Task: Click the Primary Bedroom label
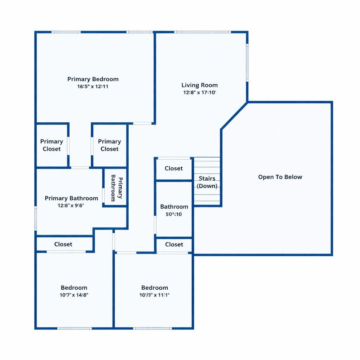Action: click(x=93, y=79)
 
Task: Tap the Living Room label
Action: click(x=199, y=85)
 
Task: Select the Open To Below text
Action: click(x=280, y=177)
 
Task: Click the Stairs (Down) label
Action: click(x=207, y=182)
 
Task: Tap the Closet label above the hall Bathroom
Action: click(x=174, y=168)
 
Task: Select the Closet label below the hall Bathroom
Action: click(x=174, y=244)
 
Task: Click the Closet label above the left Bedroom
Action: click(x=63, y=244)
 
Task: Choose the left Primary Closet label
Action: click(x=52, y=145)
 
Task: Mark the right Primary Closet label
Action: click(x=109, y=145)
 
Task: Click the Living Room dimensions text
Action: click(x=199, y=93)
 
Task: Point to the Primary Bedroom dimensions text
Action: click(x=93, y=86)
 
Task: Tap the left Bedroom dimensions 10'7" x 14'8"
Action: click(x=74, y=295)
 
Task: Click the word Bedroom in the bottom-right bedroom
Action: click(x=155, y=288)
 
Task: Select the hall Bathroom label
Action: click(x=174, y=207)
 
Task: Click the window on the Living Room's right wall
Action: click(x=247, y=63)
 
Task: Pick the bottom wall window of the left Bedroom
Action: click(x=75, y=328)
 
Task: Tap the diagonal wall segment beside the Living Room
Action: click(x=234, y=116)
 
